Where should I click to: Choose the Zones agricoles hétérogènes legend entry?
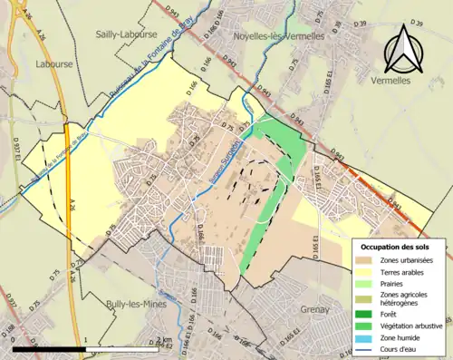point(399,301)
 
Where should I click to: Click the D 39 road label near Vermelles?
point(416,21)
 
